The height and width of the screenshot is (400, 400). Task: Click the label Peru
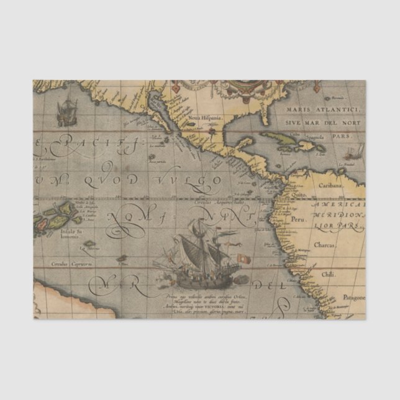[299, 219]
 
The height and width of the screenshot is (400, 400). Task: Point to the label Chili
[328, 274]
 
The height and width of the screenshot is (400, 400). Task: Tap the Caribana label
[332, 186]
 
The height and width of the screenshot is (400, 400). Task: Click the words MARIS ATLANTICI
[314, 110]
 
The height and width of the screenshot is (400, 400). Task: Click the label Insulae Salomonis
[68, 234]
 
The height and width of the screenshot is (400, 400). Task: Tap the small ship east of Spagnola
[357, 152]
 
